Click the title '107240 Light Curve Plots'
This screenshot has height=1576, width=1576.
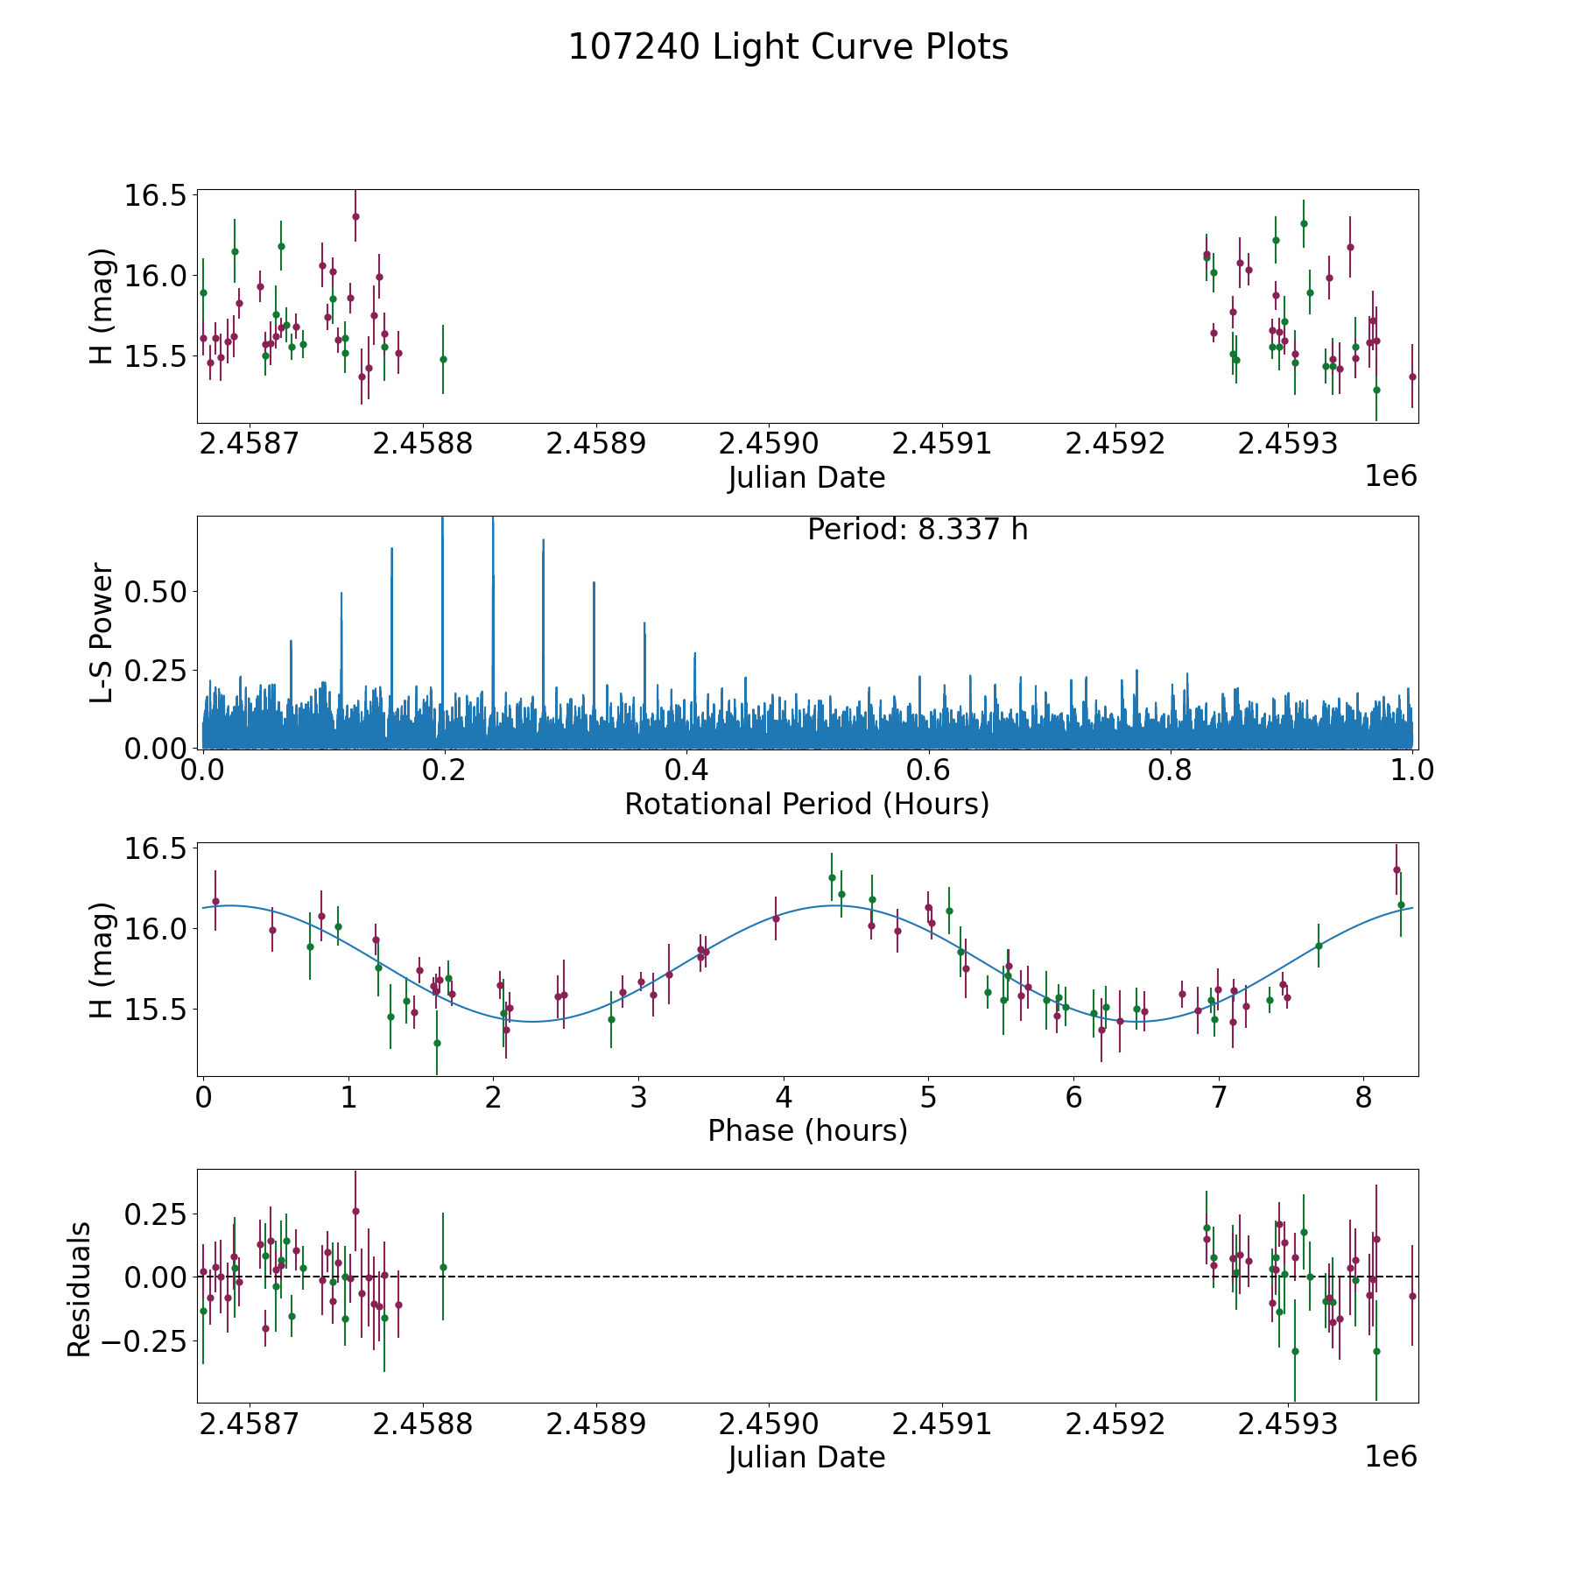click(x=788, y=47)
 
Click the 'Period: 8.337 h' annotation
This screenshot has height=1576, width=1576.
click(x=918, y=530)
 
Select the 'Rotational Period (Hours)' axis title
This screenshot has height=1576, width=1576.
click(x=806, y=804)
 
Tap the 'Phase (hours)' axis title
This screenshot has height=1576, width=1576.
click(x=807, y=1130)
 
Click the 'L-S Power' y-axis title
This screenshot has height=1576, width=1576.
click(x=102, y=632)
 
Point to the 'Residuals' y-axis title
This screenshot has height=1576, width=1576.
click(x=80, y=1290)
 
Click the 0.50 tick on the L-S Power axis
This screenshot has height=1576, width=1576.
click(x=156, y=592)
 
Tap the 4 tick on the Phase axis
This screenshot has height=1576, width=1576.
click(x=784, y=1098)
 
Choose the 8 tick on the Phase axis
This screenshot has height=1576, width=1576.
click(x=1363, y=1098)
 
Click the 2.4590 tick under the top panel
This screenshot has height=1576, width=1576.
click(x=769, y=444)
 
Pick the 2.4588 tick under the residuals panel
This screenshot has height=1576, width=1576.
click(x=423, y=1425)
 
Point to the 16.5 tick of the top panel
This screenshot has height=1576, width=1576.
click(x=156, y=194)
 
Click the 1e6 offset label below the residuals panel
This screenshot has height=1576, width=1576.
click(x=1390, y=1456)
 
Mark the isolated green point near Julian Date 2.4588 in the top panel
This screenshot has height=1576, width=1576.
click(x=443, y=359)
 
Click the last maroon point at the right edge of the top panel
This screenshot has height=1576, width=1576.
click(x=1411, y=376)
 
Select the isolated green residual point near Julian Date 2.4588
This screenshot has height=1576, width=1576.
click(x=443, y=1267)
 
